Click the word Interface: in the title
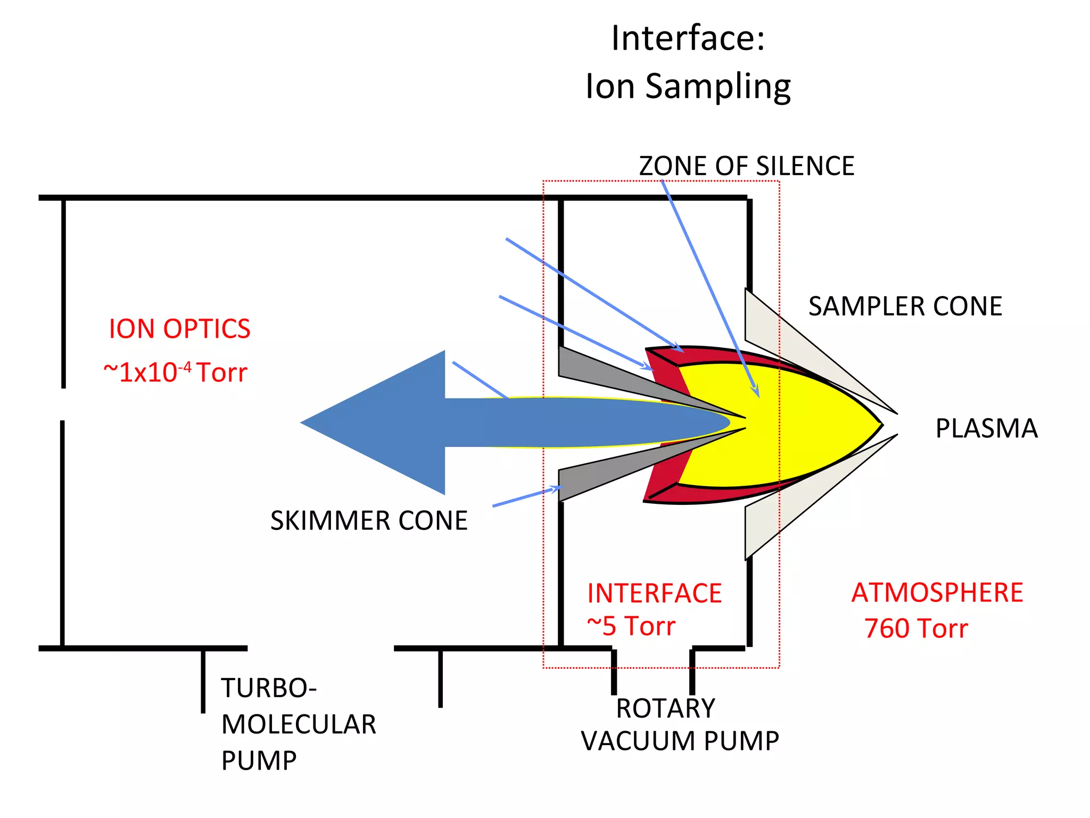pyautogui.click(x=688, y=39)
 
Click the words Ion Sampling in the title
pyautogui.click(x=688, y=87)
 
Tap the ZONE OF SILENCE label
pyautogui.click(x=746, y=166)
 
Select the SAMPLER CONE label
pyautogui.click(x=905, y=307)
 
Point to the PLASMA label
pyautogui.click(x=986, y=429)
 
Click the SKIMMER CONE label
pyautogui.click(x=369, y=521)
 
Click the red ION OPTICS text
pyautogui.click(x=179, y=329)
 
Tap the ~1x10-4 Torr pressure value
pyautogui.click(x=176, y=372)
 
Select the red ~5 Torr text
pyautogui.click(x=631, y=626)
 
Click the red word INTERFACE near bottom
pyautogui.click(x=654, y=593)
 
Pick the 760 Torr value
pyautogui.click(x=915, y=629)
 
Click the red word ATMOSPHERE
pyautogui.click(x=937, y=593)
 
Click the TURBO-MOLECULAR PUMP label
pyautogui.click(x=298, y=724)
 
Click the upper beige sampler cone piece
pyautogui.click(x=782, y=336)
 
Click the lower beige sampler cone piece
pyautogui.click(x=782, y=514)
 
